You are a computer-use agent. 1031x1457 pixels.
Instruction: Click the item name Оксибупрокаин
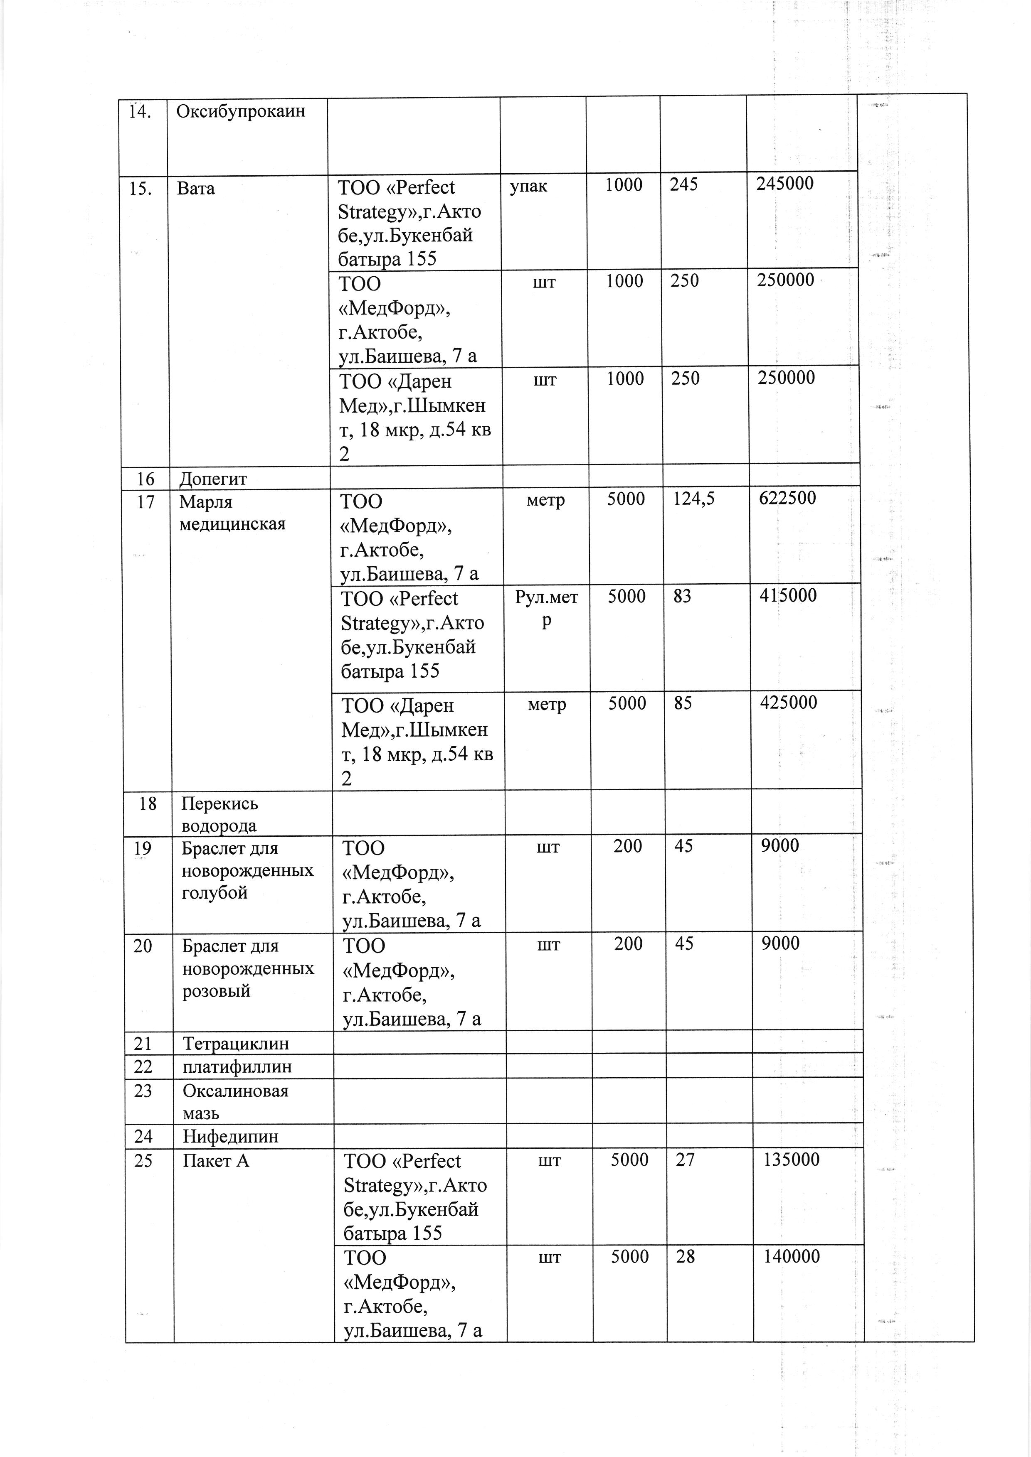241,112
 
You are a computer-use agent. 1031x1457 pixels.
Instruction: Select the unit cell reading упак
528,186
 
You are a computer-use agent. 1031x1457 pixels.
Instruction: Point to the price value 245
684,184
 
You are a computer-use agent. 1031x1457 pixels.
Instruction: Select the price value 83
683,596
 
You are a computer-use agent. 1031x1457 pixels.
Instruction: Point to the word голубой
214,893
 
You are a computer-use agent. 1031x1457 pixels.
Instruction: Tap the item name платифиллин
237,1067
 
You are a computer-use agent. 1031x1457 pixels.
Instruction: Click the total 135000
792,1160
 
